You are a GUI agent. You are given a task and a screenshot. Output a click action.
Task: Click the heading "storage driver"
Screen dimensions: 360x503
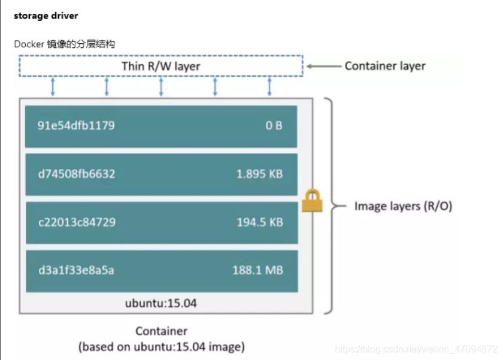pos(46,15)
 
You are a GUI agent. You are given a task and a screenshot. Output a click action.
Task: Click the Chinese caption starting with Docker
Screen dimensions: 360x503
pos(64,44)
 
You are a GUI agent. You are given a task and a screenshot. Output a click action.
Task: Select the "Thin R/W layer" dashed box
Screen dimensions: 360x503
pos(160,66)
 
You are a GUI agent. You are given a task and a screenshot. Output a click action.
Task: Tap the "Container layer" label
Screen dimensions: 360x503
pos(384,66)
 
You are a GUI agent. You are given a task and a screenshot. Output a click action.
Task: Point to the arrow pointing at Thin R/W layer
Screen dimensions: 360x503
pos(323,66)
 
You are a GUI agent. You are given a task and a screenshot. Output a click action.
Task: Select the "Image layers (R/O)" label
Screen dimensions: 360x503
pos(403,206)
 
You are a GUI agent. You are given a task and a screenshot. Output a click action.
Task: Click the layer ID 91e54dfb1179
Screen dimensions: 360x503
pos(76,126)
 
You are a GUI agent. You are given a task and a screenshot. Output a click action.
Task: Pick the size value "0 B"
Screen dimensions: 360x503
pos(274,126)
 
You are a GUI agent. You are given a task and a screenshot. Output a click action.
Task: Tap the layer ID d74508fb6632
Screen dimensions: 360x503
pos(77,174)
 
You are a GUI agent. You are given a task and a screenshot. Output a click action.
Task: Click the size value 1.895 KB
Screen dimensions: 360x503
pos(259,174)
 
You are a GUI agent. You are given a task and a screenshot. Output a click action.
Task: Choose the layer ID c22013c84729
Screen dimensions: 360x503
pos(77,222)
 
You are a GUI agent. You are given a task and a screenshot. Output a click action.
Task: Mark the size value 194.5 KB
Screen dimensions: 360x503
pos(259,222)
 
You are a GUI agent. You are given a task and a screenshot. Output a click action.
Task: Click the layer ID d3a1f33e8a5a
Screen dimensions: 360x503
pos(75,270)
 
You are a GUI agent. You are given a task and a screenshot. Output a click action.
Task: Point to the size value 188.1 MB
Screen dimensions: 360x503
pos(257,270)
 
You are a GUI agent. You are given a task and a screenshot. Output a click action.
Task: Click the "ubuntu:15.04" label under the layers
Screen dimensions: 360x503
pos(160,303)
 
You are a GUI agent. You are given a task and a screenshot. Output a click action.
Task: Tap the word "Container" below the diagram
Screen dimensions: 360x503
pos(161,331)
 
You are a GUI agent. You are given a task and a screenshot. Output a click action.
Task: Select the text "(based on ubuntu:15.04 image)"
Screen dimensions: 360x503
pos(161,346)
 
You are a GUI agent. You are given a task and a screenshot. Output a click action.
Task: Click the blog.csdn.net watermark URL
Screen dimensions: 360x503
pos(416,349)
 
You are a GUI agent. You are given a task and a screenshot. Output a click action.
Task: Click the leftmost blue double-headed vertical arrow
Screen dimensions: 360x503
pos(53,87)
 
